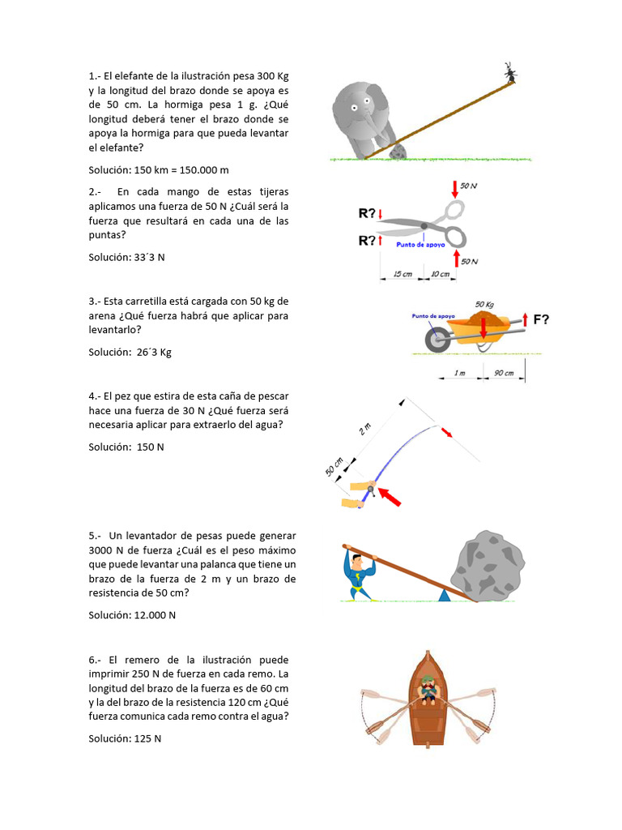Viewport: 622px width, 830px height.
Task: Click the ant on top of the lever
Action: (x=510, y=74)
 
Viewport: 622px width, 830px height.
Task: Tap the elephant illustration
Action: (x=361, y=113)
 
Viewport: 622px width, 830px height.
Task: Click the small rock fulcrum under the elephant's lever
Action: (x=397, y=152)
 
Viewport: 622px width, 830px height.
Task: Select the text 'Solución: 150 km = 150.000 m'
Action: (x=159, y=170)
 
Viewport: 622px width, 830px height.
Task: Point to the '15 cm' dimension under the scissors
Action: (x=403, y=274)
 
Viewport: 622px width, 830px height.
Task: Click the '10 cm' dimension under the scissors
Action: (x=440, y=274)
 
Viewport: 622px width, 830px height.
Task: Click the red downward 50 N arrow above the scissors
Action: (x=454, y=190)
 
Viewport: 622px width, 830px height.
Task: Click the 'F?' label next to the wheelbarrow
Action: (x=541, y=319)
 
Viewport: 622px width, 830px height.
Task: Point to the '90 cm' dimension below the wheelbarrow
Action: (x=504, y=373)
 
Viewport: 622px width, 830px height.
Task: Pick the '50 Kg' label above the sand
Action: (x=484, y=305)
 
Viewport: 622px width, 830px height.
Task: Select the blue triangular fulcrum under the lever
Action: (x=444, y=595)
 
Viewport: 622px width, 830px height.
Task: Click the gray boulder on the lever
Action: (x=487, y=565)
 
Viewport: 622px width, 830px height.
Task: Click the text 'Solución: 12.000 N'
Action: (x=132, y=615)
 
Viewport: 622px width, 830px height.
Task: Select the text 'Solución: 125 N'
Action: (x=125, y=738)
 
